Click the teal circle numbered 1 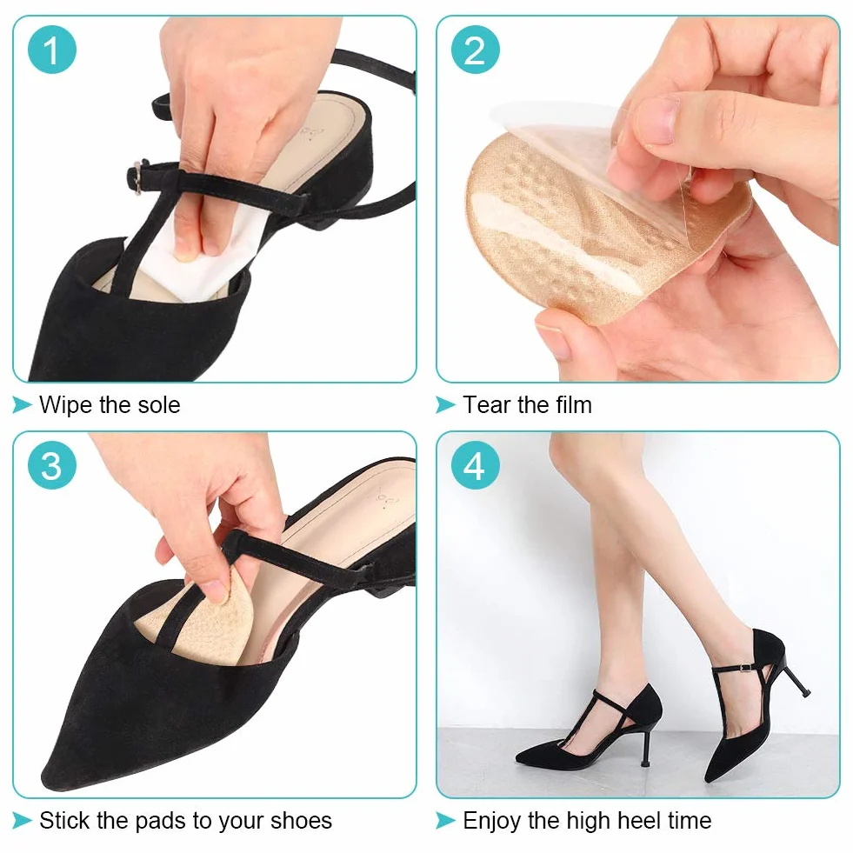tap(51, 50)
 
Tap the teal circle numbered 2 tap(475, 50)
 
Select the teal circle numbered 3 tap(51, 465)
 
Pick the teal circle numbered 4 tap(475, 465)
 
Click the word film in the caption tap(573, 404)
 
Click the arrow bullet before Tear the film tap(445, 404)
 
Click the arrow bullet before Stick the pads tap(22, 820)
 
